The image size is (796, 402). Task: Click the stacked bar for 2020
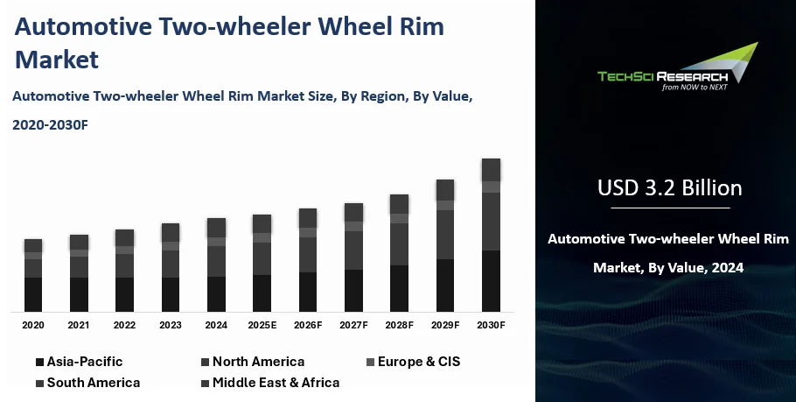[33, 275]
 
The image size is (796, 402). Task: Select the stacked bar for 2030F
[491, 235]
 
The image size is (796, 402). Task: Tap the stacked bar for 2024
[216, 264]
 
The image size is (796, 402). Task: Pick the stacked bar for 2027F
[353, 257]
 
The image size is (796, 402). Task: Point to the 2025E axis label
[262, 325]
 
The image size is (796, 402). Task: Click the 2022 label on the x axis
[125, 325]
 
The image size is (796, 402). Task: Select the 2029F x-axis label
[445, 325]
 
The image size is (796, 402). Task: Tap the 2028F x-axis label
[399, 325]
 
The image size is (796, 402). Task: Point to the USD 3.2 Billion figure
[669, 187]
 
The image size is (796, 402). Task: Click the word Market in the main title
[57, 60]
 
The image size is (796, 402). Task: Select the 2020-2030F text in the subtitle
[51, 125]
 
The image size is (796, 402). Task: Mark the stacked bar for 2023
[171, 268]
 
